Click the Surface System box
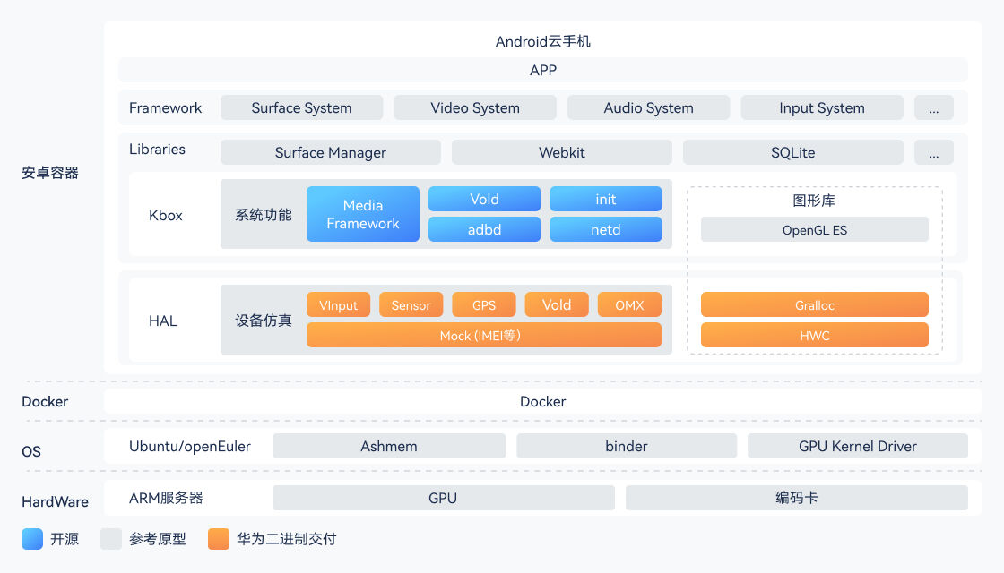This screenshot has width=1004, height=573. click(x=301, y=108)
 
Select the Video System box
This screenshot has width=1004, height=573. click(x=475, y=108)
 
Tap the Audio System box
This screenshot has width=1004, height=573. click(x=648, y=108)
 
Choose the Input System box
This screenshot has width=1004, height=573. click(x=822, y=108)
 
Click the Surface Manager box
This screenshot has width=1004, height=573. click(x=330, y=152)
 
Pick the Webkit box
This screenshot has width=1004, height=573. click(x=562, y=152)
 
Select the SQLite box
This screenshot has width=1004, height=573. click(x=792, y=152)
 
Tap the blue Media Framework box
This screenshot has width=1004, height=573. click(x=363, y=214)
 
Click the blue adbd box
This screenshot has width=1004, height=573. click(x=484, y=229)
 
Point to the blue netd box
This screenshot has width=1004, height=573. click(x=606, y=229)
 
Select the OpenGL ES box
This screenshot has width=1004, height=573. click(x=814, y=230)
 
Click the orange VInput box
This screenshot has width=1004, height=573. click(x=338, y=305)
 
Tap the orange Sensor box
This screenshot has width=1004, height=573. click(x=411, y=305)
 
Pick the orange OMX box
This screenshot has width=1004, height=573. click(x=629, y=305)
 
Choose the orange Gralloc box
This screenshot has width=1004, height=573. click(x=814, y=305)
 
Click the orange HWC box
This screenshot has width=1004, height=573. click(x=814, y=336)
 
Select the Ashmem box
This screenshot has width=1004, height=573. click(x=389, y=446)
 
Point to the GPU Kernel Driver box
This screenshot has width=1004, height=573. click(x=857, y=446)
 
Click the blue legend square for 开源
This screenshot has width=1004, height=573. click(x=32, y=539)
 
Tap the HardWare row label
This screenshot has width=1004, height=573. click(x=55, y=501)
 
